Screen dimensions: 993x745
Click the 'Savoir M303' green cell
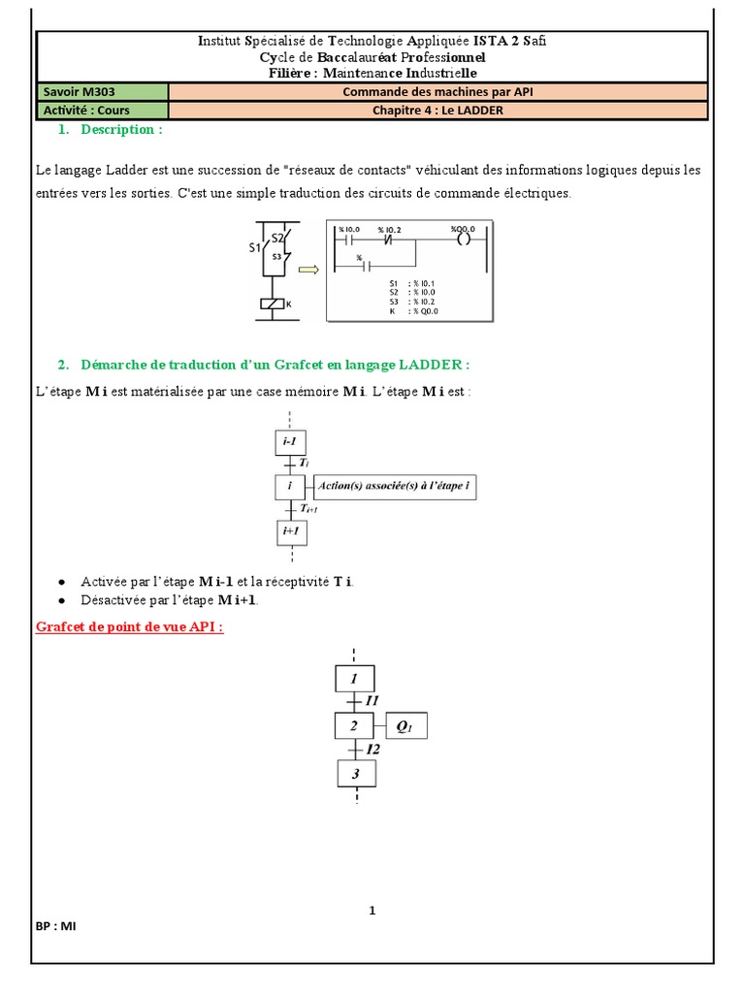pyautogui.click(x=102, y=92)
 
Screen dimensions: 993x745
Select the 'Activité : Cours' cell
pyautogui.click(x=102, y=111)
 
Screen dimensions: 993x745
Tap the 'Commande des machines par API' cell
pyautogui.click(x=437, y=92)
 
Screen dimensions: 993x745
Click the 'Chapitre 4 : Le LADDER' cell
pyautogui.click(x=437, y=111)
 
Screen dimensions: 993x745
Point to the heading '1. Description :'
pyautogui.click(x=109, y=130)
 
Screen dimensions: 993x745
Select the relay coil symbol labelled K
pyautogui.click(x=273, y=304)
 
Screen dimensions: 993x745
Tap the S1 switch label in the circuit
pyautogui.click(x=256, y=247)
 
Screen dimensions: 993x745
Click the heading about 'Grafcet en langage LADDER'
pyautogui.click(x=263, y=365)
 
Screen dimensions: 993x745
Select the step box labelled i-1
pyautogui.click(x=290, y=443)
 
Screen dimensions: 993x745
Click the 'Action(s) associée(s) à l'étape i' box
pyautogui.click(x=395, y=487)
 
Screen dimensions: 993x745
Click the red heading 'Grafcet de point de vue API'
pyautogui.click(x=130, y=626)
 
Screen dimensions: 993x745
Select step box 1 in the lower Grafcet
pyautogui.click(x=355, y=678)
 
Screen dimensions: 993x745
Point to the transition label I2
pyautogui.click(x=373, y=750)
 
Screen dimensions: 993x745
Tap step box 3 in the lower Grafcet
pyautogui.click(x=356, y=774)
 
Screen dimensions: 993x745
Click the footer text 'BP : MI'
pyautogui.click(x=56, y=926)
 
